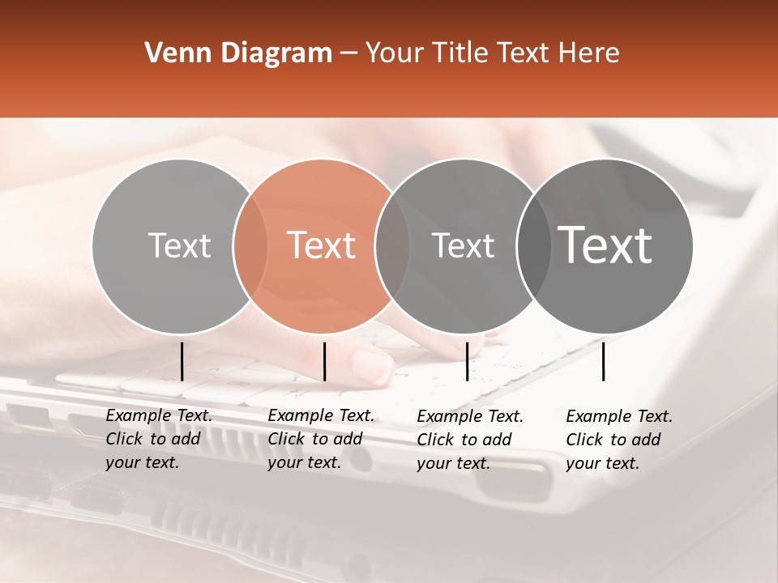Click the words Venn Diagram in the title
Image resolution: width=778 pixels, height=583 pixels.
[x=238, y=53]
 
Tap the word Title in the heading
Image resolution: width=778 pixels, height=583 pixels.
[x=461, y=53]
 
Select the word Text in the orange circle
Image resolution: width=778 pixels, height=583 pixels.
[x=322, y=245]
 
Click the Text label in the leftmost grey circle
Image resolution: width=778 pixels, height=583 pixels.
[x=179, y=245]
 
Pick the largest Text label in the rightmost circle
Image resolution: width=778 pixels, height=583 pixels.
[x=605, y=245]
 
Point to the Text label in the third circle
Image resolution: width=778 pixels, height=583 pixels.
[x=464, y=245]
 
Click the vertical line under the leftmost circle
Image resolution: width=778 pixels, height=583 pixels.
[x=182, y=361]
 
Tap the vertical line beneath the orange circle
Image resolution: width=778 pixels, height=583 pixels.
[x=324, y=361]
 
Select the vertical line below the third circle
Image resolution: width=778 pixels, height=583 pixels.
[x=467, y=361]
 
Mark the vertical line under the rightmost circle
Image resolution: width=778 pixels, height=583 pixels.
[x=603, y=361]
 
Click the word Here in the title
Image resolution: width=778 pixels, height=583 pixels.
[x=591, y=53]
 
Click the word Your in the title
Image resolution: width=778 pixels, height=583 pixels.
[x=394, y=53]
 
